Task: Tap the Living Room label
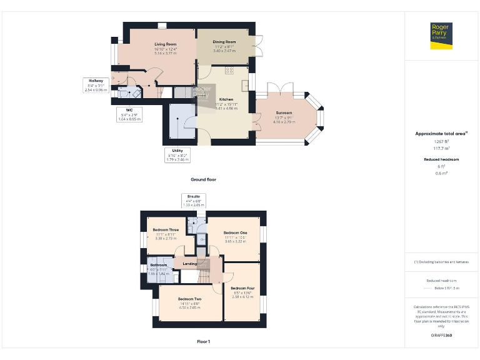[x=166, y=44]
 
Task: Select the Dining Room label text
[x=224, y=42]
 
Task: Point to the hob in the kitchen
[x=229, y=70]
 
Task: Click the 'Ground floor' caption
[x=203, y=179]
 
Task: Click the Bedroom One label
[x=235, y=232]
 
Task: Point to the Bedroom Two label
[x=189, y=299]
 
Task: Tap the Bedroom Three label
[x=166, y=230]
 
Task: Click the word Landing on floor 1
[x=189, y=264]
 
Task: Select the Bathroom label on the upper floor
[x=158, y=265]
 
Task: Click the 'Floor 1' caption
[x=203, y=342]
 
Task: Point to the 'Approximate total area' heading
[x=441, y=133]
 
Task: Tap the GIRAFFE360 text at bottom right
[x=441, y=336]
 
